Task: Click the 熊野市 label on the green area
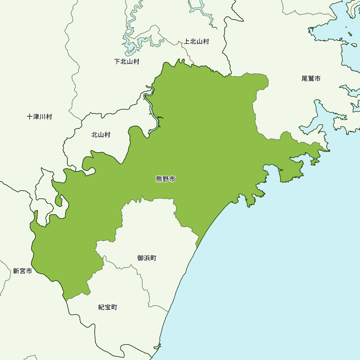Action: [166, 179]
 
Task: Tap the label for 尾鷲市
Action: [311, 78]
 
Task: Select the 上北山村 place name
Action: [197, 41]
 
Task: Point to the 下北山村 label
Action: [127, 62]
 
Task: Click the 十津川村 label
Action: [40, 117]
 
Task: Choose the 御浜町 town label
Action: [147, 258]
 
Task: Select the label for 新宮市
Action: [22, 271]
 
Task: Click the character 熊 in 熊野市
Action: [159, 179]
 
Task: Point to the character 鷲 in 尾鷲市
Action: [311, 78]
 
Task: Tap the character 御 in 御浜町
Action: [140, 258]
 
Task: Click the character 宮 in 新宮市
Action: [22, 271]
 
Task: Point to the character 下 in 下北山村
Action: [117, 62]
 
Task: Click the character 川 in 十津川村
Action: [43, 117]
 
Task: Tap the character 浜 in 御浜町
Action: [147, 258]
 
